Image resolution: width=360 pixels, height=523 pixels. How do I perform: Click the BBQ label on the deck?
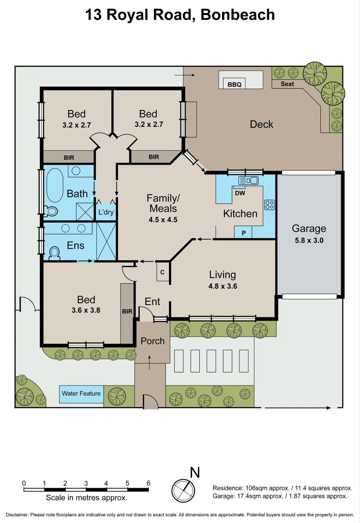[234, 85]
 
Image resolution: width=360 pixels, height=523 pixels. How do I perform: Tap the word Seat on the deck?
[287, 84]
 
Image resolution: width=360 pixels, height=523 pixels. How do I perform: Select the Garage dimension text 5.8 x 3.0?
[309, 240]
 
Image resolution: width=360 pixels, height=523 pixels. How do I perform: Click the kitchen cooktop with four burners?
[269, 205]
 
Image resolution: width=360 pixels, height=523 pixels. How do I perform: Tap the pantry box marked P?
[243, 233]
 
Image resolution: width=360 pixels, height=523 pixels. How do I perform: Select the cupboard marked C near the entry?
[162, 272]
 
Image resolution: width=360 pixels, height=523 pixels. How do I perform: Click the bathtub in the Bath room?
[54, 184]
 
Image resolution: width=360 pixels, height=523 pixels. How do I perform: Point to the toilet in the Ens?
[55, 253]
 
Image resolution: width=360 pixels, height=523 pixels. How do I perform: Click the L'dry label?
[105, 212]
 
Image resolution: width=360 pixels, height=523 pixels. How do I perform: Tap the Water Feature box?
[81, 394]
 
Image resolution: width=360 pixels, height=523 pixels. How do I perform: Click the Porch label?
[152, 341]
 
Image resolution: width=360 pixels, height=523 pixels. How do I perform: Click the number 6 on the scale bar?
[148, 483]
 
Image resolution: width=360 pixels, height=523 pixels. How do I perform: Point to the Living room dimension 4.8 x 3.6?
[223, 286]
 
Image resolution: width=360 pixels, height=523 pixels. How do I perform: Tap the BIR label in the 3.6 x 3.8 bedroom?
[127, 311]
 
